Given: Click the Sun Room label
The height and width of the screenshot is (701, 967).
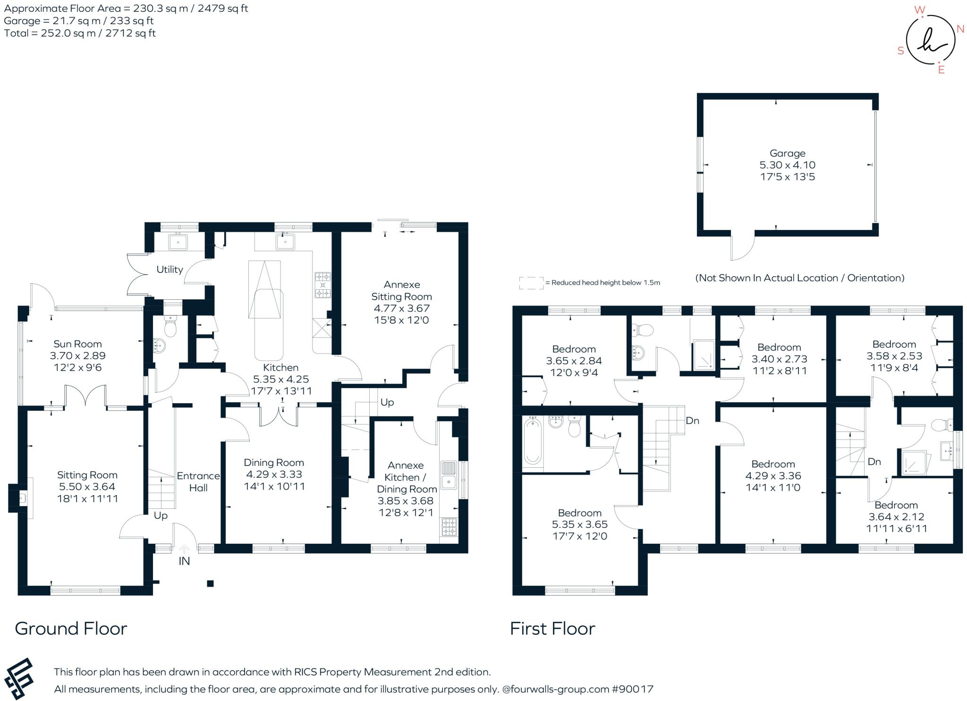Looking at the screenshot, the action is click(x=77, y=344).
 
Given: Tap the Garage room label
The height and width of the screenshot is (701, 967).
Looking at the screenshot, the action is click(x=788, y=153).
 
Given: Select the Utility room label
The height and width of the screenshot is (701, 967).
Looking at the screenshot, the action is click(x=170, y=270).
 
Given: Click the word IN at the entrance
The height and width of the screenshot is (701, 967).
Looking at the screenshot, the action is click(x=184, y=561).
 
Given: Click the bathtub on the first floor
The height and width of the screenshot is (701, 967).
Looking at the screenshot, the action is click(x=533, y=443).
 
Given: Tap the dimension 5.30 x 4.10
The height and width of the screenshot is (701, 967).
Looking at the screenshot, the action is click(x=788, y=165).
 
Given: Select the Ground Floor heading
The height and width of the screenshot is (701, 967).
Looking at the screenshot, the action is click(x=71, y=629).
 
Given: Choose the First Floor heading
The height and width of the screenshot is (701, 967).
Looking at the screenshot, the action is click(x=552, y=629).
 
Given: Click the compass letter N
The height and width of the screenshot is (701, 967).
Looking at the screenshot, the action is click(x=960, y=29).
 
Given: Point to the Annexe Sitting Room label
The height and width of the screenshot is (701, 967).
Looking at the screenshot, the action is click(x=402, y=291).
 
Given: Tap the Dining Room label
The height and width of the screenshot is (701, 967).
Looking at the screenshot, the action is click(x=274, y=463).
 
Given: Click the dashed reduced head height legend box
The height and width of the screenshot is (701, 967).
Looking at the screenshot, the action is click(x=531, y=283).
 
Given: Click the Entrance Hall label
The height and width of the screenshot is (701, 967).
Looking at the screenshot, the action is click(x=198, y=481).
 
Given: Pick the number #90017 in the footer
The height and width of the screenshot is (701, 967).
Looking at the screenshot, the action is click(x=633, y=689).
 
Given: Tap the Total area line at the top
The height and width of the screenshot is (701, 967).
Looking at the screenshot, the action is click(x=80, y=33).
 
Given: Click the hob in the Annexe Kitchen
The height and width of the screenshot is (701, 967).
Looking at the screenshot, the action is click(x=449, y=527).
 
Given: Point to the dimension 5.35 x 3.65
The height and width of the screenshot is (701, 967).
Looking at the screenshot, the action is click(x=580, y=524).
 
